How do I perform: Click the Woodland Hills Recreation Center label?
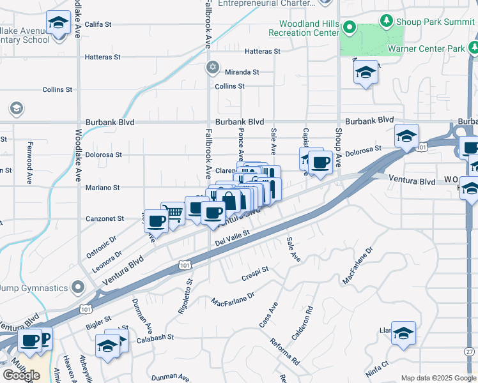pos(304,28)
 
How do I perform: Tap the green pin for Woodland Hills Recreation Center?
pos(350,27)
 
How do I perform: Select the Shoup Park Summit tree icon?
pos(386,21)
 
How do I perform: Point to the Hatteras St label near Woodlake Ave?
pos(103,57)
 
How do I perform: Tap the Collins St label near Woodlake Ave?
pos(54,90)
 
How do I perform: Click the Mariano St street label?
pos(104,188)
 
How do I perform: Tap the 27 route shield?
pos(470,352)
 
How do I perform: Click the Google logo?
pos(21,375)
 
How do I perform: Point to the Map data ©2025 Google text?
pos(438,378)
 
